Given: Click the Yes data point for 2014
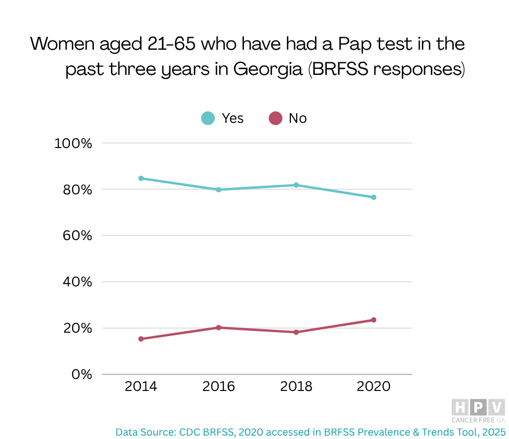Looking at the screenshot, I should click(x=141, y=178).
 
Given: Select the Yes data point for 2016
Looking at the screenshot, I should click(x=219, y=190).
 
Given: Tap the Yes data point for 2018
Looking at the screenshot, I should click(x=296, y=185).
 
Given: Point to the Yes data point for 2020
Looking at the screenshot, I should click(x=373, y=197).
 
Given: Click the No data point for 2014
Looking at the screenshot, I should click(x=141, y=339).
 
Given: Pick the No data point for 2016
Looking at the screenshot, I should click(x=219, y=328).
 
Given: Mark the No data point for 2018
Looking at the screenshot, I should click(x=296, y=332).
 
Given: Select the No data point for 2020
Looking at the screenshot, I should click(x=373, y=320).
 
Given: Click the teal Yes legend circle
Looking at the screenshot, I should click(x=208, y=118).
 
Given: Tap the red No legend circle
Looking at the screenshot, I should click(x=275, y=118).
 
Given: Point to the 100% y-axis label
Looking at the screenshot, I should click(x=73, y=143).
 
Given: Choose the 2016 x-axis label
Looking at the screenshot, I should click(x=219, y=387).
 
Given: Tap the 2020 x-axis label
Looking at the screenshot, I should click(x=373, y=387).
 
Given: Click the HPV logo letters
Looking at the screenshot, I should click(x=478, y=408).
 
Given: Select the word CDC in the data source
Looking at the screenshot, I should click(x=191, y=432).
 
